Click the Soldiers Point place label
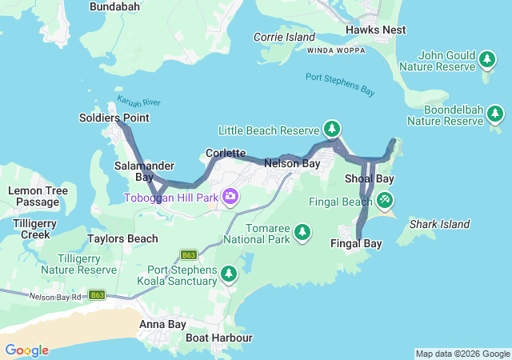coord(114,118)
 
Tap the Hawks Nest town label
coord(375,30)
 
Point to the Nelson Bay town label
coord(292,163)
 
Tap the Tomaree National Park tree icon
coord(302,232)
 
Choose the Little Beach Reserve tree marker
coord(332,129)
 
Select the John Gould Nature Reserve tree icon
coord(487,59)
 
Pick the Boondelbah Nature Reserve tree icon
coord(495,115)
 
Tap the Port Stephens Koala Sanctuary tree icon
coord(229,274)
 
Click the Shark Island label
coord(439,224)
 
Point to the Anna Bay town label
coord(162,324)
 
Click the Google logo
coord(26,350)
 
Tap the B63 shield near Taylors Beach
coord(189,255)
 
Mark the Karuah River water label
coord(139,102)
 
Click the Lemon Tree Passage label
coord(33,196)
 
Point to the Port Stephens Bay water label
coord(340,83)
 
